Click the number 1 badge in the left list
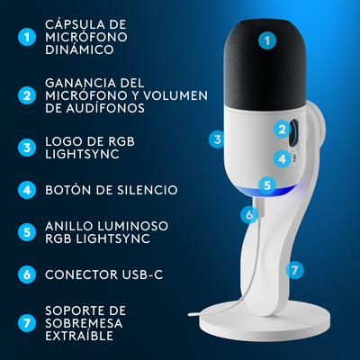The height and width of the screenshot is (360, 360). click(x=28, y=38)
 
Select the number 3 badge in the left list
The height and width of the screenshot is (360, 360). click(x=28, y=146)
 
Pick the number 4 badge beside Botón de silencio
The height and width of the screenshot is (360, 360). click(x=28, y=190)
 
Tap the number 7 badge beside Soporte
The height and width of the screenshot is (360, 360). click(x=28, y=321)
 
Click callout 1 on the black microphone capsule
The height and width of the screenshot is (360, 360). click(x=265, y=40)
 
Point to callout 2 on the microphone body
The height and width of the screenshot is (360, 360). click(x=282, y=130)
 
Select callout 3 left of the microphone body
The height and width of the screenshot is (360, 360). click(x=216, y=139)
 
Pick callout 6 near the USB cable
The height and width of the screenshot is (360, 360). click(x=248, y=214)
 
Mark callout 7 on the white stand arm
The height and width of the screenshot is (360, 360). click(x=293, y=269)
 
